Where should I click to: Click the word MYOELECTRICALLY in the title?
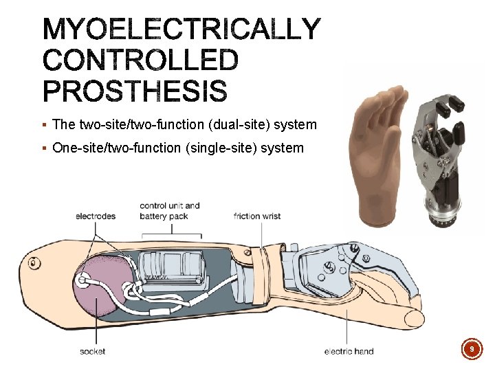pyautogui.click(x=181, y=30)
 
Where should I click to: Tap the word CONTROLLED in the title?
pyautogui.click(x=140, y=60)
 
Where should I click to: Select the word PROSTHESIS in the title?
pyautogui.click(x=135, y=91)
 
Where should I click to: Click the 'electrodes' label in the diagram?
pyautogui.click(x=96, y=216)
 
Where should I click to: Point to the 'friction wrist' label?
pyautogui.click(x=257, y=216)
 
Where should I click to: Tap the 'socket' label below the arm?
pyautogui.click(x=93, y=351)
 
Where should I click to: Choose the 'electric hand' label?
pyautogui.click(x=349, y=351)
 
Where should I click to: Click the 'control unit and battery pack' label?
pyautogui.click(x=169, y=211)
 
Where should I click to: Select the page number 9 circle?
pyautogui.click(x=472, y=350)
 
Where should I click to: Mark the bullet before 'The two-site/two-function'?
pyautogui.click(x=44, y=125)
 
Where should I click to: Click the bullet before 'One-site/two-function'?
pyautogui.click(x=44, y=148)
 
